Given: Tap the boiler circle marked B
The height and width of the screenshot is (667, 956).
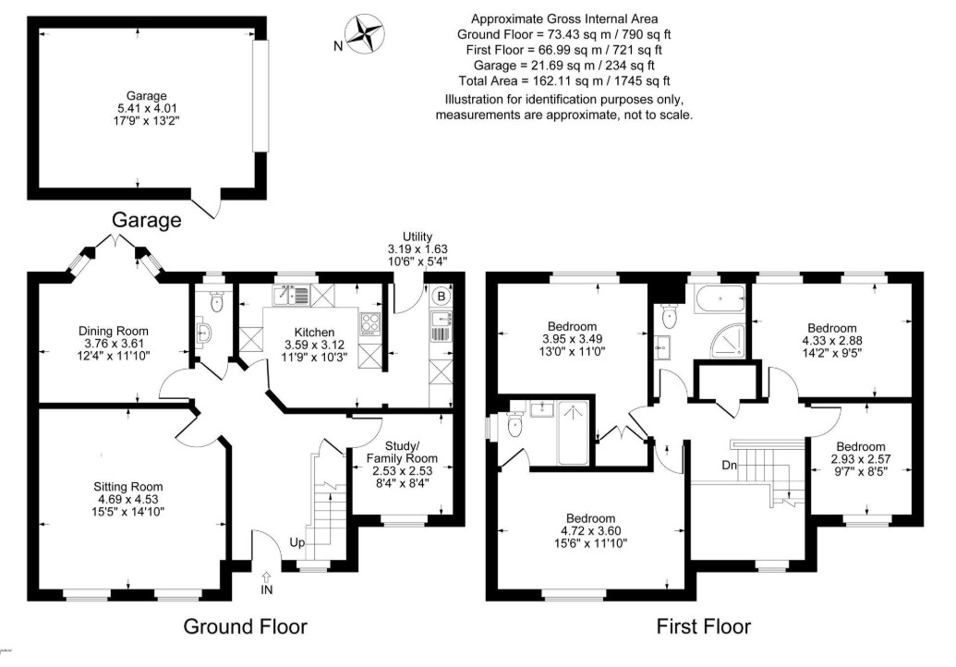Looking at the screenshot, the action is tap(442, 297).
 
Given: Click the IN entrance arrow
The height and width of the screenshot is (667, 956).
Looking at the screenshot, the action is tap(266, 576).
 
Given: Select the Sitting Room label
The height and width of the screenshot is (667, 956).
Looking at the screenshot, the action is tap(128, 487).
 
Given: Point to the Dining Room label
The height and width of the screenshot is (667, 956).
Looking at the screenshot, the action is tap(114, 331).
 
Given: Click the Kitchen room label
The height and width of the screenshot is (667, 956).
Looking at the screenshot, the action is tap(315, 333).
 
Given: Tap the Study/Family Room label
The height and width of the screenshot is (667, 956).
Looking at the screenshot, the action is tap(402, 452).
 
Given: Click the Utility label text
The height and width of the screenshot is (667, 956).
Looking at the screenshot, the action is tap(417, 236).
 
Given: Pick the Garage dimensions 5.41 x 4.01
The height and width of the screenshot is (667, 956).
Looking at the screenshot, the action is tap(147, 108).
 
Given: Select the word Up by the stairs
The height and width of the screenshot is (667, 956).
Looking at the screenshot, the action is tap(296, 542).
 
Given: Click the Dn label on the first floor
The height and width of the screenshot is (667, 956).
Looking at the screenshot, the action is tap(729, 466).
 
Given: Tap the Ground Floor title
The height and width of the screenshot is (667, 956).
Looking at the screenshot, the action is tap(245, 626).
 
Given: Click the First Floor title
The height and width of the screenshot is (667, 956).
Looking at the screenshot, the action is tap(704, 626).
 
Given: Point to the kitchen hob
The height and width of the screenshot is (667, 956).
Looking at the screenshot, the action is tap(370, 323).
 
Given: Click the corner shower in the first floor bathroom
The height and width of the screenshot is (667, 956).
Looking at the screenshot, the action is tap(729, 341).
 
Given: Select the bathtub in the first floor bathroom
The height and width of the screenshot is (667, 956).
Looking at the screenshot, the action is tap(720, 298).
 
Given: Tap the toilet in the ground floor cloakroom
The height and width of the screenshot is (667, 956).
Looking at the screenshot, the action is tap(216, 300).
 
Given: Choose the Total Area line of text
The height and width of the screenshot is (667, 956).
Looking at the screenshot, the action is tap(564, 80).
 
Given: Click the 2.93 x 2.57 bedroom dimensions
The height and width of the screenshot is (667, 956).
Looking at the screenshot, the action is tap(861, 459).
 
